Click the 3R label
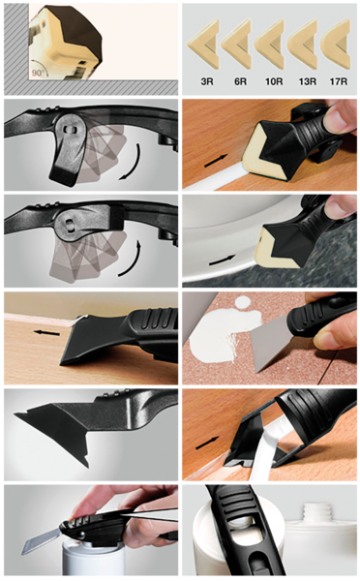[207, 81]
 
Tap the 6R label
[240, 81]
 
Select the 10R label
[274, 81]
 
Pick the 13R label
[308, 81]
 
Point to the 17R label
[339, 81]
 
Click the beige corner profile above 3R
[203, 46]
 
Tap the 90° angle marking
[38, 73]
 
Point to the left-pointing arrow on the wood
[46, 333]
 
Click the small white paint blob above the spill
[243, 302]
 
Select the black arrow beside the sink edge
[223, 260]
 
